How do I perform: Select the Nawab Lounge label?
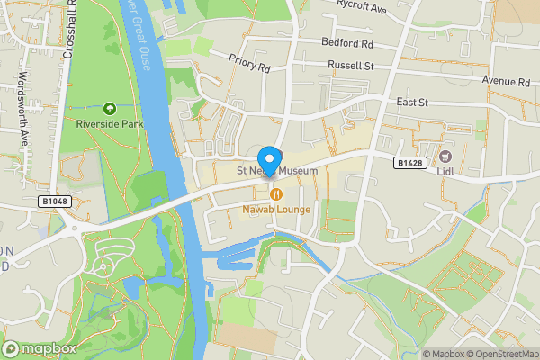[275, 210]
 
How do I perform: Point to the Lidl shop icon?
[444, 155]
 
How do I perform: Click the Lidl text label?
[444, 171]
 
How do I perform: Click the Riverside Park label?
[109, 123]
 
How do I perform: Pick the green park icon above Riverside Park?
[110, 108]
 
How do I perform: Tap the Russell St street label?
[350, 66]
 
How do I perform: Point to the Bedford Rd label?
[346, 42]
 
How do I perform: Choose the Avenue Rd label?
[506, 81]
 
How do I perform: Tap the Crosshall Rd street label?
[68, 32]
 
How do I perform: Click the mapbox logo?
[38, 348]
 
